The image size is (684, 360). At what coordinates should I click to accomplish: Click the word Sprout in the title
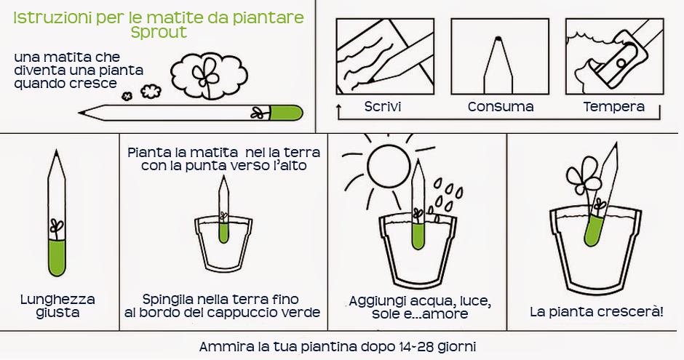[x=159, y=32]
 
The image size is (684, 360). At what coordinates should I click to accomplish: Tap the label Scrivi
[x=383, y=107]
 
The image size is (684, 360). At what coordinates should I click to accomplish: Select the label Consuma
[x=501, y=107]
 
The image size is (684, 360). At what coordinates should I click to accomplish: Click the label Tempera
[x=613, y=107]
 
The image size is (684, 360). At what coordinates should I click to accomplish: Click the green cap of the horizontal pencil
[x=286, y=113]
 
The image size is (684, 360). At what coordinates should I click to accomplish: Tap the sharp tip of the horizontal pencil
[x=80, y=113]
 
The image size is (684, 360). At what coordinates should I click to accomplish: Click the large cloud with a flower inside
[x=208, y=76]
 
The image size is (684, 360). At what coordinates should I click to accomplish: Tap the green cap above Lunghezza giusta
[x=57, y=257]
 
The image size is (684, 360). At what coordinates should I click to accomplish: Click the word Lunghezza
[x=57, y=300]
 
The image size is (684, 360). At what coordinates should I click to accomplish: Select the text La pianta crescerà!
[x=597, y=312]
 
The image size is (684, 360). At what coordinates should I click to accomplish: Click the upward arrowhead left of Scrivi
[x=339, y=106]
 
